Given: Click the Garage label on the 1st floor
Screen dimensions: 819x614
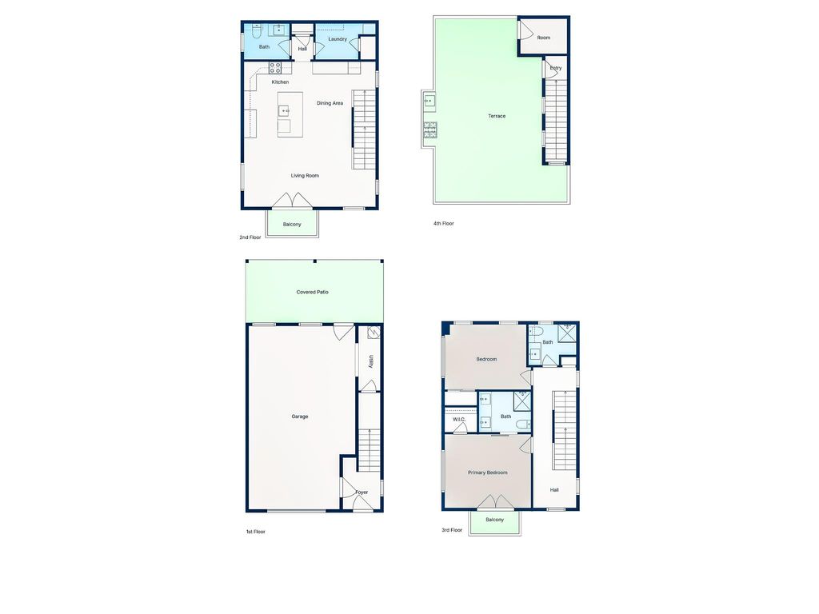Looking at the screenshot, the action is [300, 417].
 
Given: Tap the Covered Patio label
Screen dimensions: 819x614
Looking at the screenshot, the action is [313, 293].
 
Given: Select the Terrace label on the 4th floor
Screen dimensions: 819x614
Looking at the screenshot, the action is [497, 116].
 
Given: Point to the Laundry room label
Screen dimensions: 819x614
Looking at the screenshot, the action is [338, 39].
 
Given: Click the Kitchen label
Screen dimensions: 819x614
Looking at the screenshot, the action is [280, 82].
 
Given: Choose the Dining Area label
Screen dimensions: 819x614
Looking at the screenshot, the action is [330, 103].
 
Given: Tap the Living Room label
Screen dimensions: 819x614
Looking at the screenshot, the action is [305, 176].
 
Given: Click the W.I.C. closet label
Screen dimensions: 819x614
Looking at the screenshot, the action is [459, 420].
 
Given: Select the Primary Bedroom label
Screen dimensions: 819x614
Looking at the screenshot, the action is [487, 473].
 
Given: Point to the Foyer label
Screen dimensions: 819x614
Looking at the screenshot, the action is [362, 492].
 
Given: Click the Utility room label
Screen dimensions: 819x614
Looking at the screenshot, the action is [371, 361].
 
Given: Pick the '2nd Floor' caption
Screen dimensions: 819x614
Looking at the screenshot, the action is [250, 237].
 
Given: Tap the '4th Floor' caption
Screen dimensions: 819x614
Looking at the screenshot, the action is [443, 224].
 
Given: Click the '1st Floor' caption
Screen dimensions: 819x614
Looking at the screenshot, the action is [255, 532].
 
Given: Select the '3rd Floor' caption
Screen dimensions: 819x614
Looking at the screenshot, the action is [452, 531].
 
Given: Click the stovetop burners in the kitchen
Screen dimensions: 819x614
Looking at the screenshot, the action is [275, 67].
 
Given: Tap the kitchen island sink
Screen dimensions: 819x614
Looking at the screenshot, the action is [283, 110].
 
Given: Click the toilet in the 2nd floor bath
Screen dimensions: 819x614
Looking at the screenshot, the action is [256, 31].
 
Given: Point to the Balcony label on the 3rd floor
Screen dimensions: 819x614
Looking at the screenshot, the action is [494, 520].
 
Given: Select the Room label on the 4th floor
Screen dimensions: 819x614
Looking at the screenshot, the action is [543, 38].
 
